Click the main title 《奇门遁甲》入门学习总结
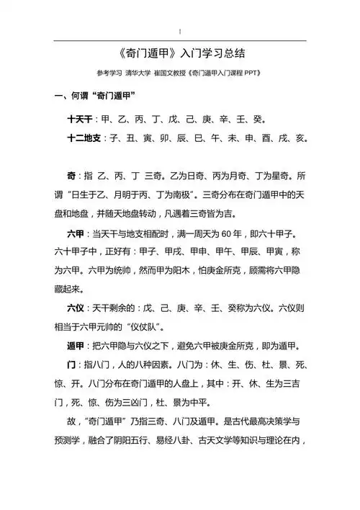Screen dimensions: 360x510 [180, 55]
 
